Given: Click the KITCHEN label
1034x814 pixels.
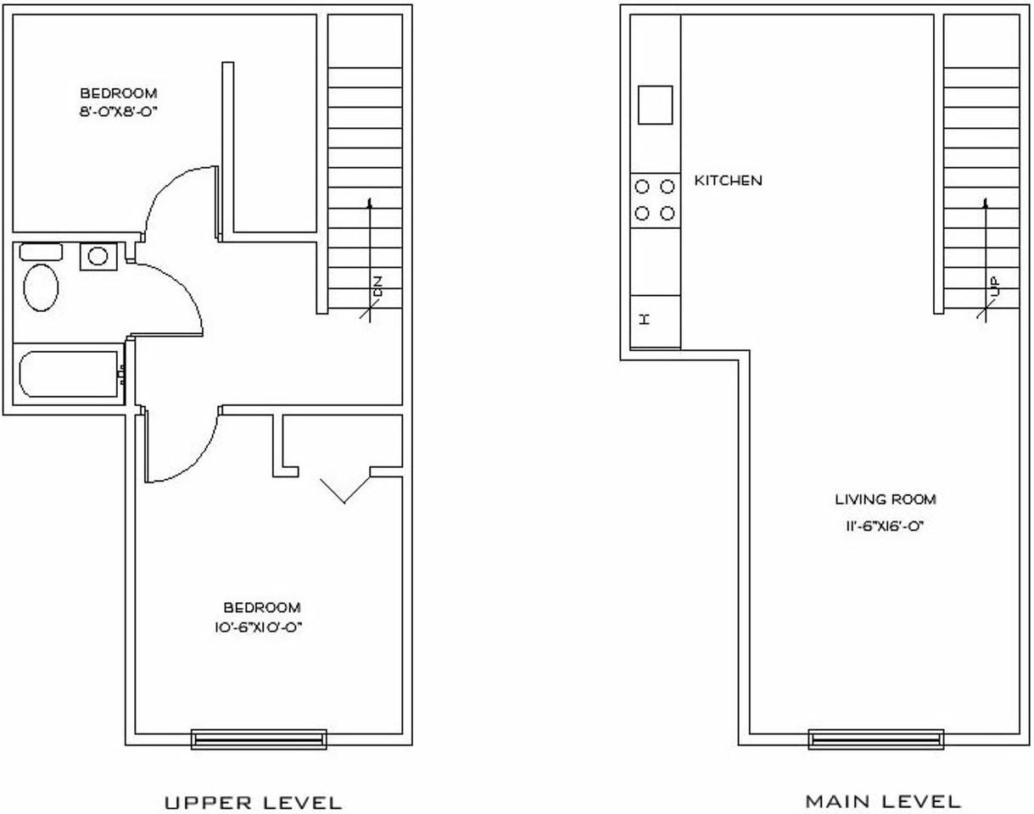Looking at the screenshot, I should [x=728, y=181].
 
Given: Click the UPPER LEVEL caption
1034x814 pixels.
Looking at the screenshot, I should [x=253, y=802].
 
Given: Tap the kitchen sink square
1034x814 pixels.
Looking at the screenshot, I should [x=655, y=105].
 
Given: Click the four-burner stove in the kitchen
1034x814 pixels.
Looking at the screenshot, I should [x=655, y=200].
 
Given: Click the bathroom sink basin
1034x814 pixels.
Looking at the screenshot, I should [x=98, y=255].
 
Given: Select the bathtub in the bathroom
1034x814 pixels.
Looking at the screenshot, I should [x=68, y=374].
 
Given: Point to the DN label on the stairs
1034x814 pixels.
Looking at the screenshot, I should [x=377, y=286].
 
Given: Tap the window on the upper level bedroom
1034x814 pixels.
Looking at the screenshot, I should [x=259, y=739].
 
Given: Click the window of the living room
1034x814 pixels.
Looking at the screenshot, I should [x=876, y=739].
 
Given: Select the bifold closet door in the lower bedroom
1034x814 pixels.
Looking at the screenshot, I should [x=344, y=489].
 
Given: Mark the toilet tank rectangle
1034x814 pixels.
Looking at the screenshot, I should [x=41, y=252].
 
